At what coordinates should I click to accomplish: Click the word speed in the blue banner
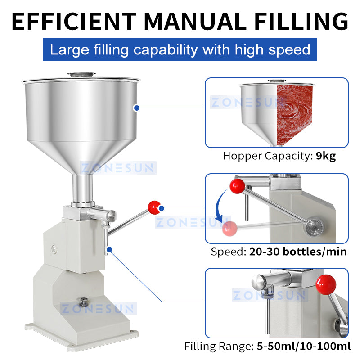[288, 49]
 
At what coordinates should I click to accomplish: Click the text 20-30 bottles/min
[298, 252]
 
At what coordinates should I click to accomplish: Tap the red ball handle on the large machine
[154, 207]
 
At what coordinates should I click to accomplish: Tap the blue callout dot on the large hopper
[136, 107]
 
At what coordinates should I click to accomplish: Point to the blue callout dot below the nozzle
[108, 248]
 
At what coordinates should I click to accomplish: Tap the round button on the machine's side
[54, 248]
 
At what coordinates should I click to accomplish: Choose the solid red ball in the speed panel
[238, 186]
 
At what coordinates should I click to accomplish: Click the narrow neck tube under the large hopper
[83, 189]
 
